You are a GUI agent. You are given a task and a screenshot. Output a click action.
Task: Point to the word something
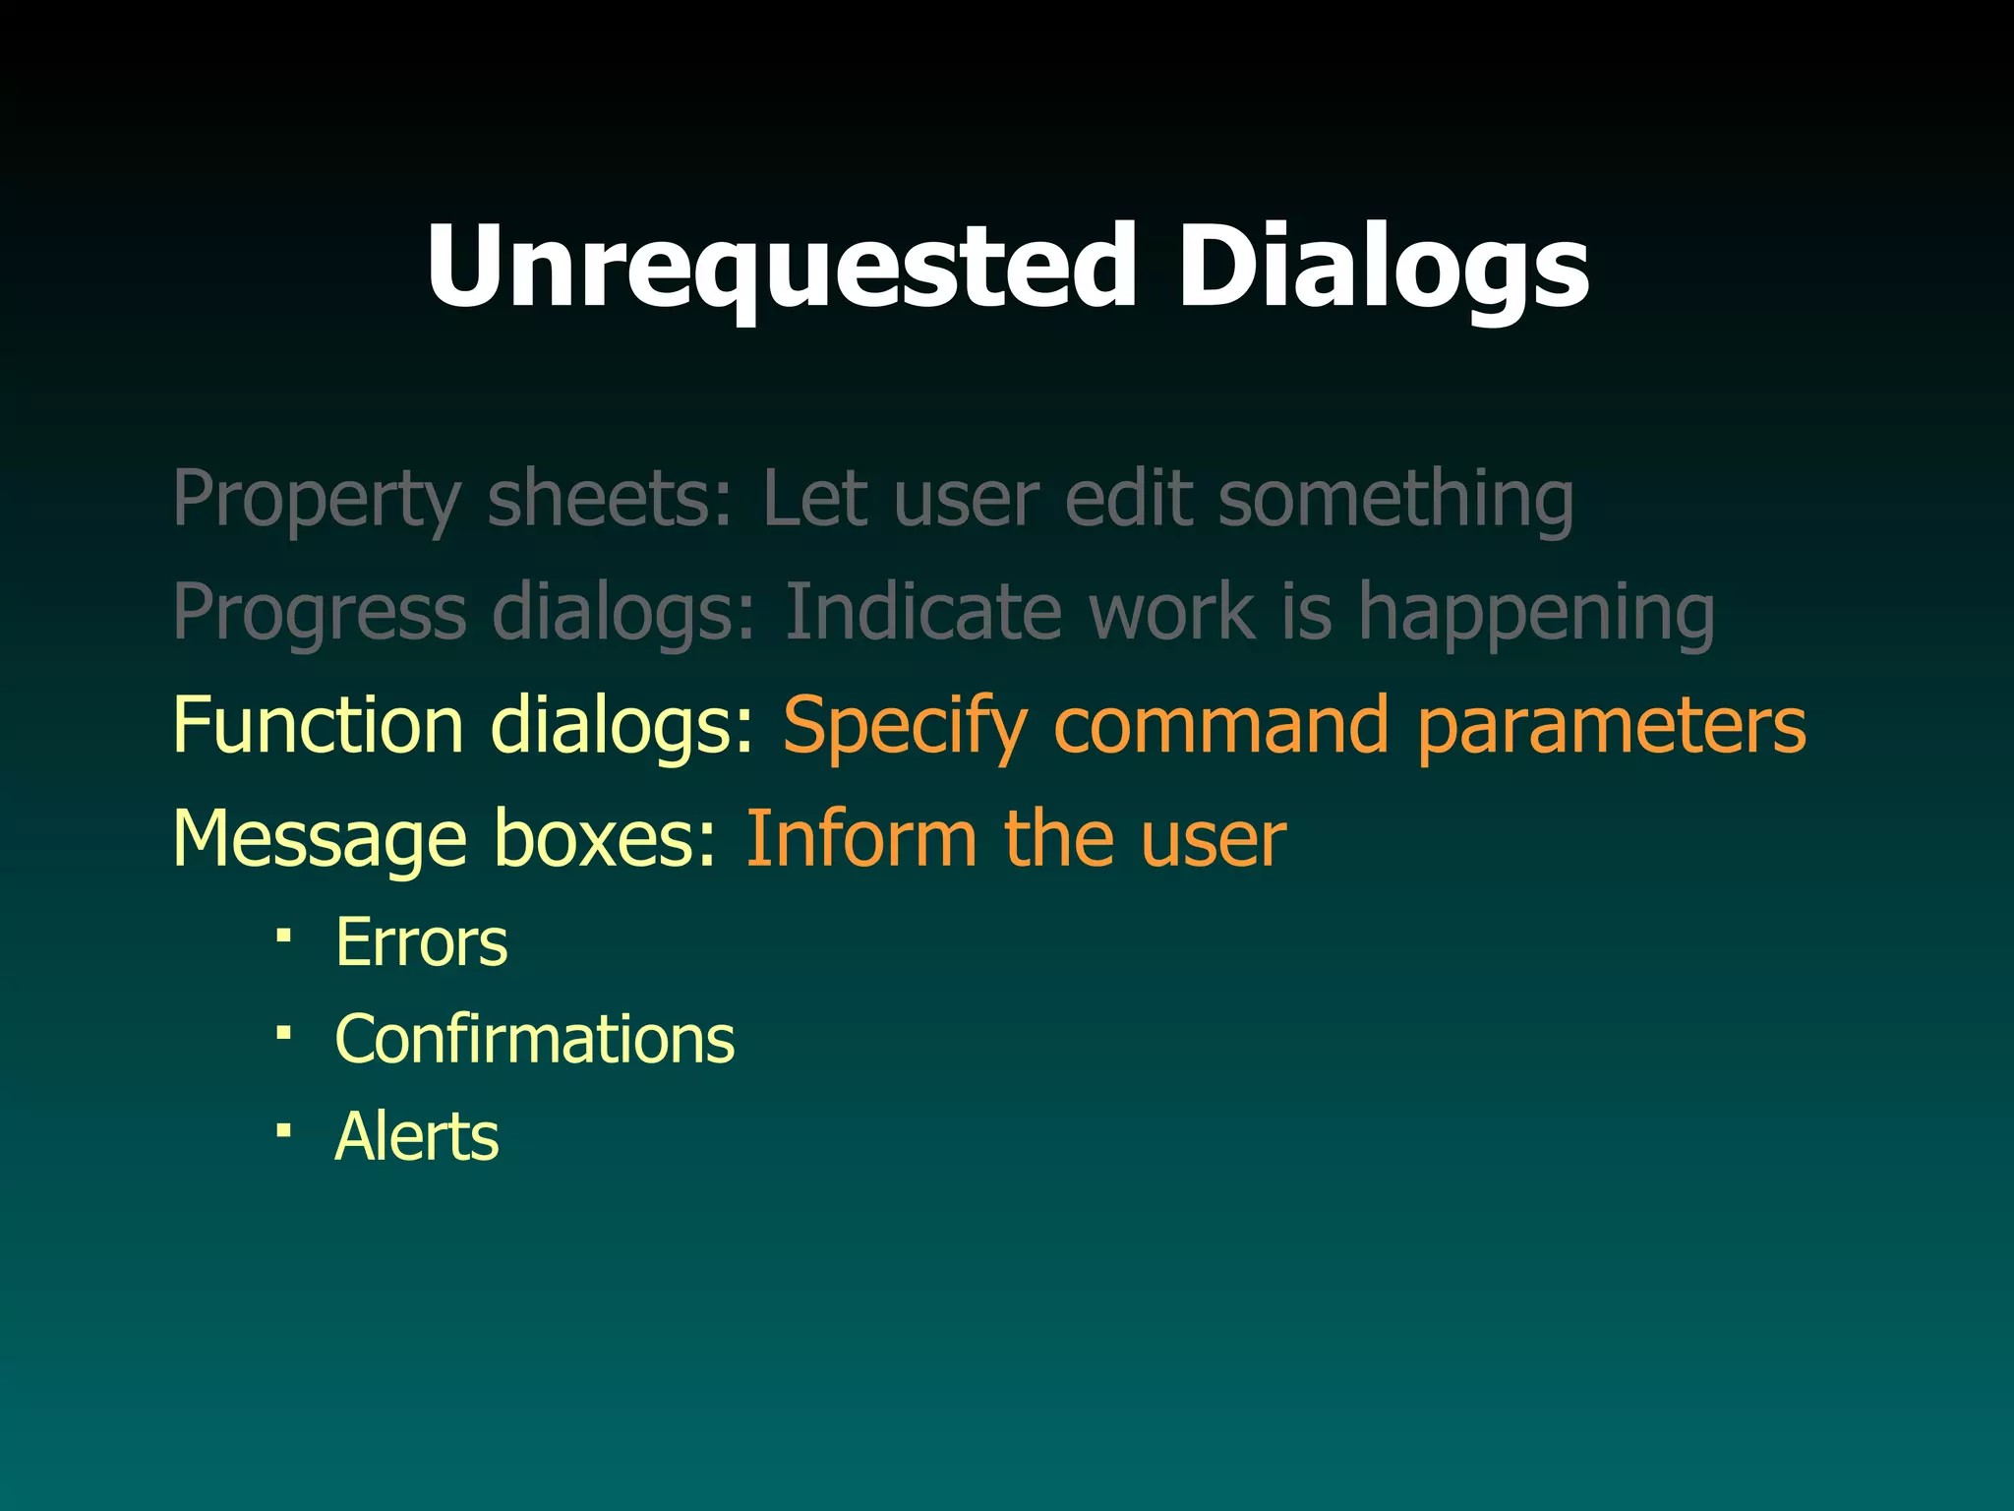[1395, 500]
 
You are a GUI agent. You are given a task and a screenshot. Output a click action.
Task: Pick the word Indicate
[923, 611]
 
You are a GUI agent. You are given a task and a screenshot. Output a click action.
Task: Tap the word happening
[1536, 613]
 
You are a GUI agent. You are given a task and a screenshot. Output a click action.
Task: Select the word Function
[318, 725]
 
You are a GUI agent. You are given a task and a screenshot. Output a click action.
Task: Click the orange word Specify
[905, 726]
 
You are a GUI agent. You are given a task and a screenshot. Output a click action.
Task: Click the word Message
[320, 838]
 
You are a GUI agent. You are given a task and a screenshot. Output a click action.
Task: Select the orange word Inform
[860, 838]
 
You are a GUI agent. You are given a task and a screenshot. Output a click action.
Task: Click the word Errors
[421, 942]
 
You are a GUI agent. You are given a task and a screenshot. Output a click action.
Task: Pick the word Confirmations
[534, 1039]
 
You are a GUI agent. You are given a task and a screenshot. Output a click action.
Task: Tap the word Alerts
[416, 1136]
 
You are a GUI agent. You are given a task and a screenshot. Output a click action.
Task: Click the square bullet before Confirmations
[283, 1033]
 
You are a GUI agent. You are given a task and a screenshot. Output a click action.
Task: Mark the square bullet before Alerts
[283, 1130]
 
